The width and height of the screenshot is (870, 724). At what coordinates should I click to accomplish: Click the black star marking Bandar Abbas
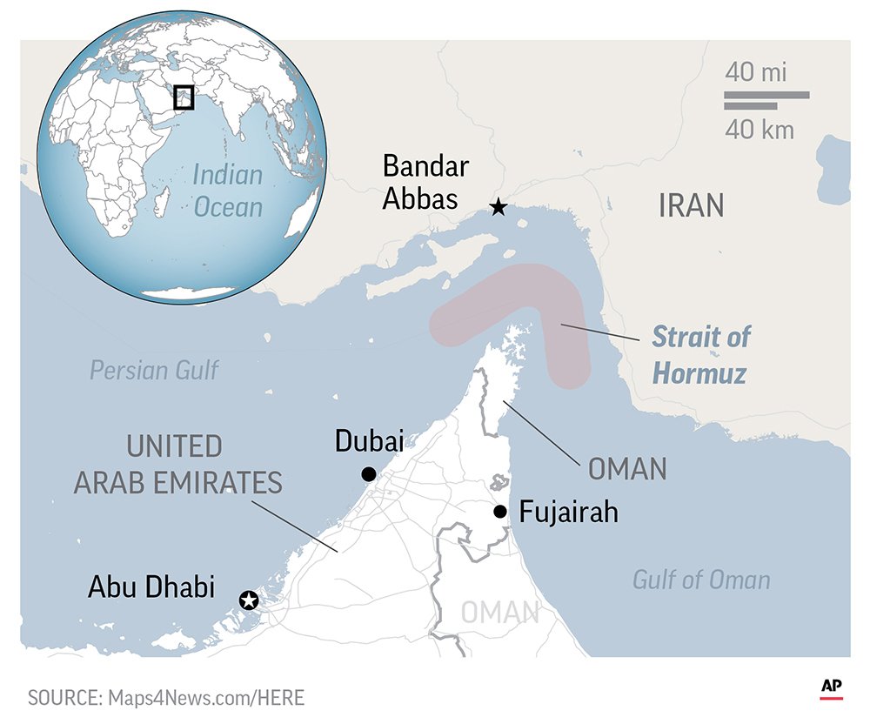tap(498, 207)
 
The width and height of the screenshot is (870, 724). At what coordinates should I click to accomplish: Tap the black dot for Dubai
tap(369, 474)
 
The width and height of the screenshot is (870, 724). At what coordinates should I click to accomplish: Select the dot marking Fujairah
tap(499, 511)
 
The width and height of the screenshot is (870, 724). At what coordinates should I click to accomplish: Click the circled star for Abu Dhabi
tap(249, 600)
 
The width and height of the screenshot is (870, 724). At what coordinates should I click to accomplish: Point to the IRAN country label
tap(691, 206)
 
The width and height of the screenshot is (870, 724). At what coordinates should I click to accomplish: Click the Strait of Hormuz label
tap(701, 354)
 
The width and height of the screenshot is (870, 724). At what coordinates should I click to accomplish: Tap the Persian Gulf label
tap(155, 370)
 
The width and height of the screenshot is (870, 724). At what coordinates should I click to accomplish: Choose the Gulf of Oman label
tap(701, 580)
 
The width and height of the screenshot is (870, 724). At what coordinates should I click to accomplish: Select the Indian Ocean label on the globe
tap(227, 191)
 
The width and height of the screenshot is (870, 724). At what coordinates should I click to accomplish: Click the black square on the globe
tap(183, 97)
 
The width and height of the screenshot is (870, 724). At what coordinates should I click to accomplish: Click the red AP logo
tap(832, 687)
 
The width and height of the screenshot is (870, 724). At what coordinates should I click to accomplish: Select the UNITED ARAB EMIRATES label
tap(177, 465)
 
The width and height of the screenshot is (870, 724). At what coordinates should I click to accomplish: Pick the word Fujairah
tap(568, 512)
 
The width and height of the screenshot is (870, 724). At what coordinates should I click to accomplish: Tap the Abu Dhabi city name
tap(151, 587)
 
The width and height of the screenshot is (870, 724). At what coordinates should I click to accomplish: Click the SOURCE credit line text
tap(166, 697)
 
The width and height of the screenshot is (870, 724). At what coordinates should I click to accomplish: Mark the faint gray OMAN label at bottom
tap(500, 613)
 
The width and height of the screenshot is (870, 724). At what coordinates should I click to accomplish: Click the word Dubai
tap(369, 442)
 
